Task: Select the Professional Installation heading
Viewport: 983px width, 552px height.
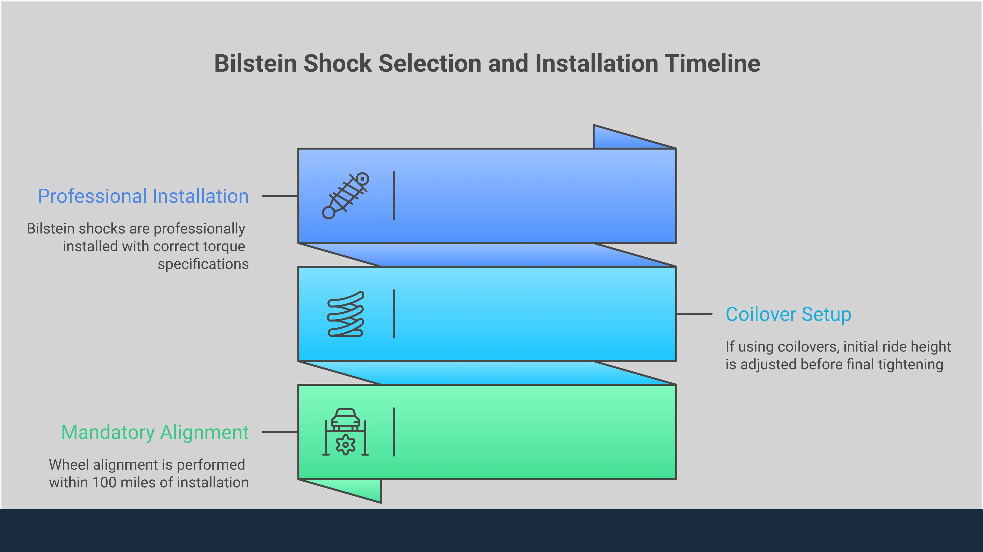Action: (143, 196)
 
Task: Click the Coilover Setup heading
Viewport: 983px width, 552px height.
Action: (788, 314)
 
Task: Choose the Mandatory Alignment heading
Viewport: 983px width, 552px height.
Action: (155, 432)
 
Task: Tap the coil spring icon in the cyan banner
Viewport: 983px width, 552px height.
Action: (346, 314)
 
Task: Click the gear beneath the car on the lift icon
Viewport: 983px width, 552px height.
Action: (346, 445)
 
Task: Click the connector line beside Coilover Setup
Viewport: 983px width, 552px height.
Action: (694, 314)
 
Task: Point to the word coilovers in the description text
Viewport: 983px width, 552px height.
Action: (807, 347)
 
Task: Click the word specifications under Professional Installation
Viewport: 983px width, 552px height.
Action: (203, 264)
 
